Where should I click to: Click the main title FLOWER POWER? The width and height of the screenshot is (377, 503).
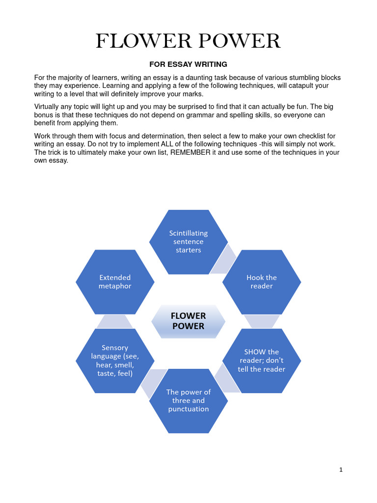coord(188,41)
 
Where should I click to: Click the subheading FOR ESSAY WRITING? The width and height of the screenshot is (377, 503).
coord(188,64)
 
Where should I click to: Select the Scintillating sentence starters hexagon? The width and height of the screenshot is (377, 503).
coord(188,242)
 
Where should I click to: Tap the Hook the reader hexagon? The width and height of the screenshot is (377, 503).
coord(262,282)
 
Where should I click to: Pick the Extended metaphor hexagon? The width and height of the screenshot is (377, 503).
coord(115,282)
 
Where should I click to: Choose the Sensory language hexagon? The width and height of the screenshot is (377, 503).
coord(115,361)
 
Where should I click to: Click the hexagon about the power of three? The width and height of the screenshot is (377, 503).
coord(188,401)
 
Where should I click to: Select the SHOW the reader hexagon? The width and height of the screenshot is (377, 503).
coord(262,361)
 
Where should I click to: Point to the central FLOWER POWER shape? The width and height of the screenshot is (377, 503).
coord(188,321)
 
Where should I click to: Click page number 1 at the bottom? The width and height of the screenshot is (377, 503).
coord(341,470)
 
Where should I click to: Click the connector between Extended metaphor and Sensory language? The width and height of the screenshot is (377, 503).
coord(114,321)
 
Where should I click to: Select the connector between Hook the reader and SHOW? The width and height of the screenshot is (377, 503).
coord(262,321)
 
